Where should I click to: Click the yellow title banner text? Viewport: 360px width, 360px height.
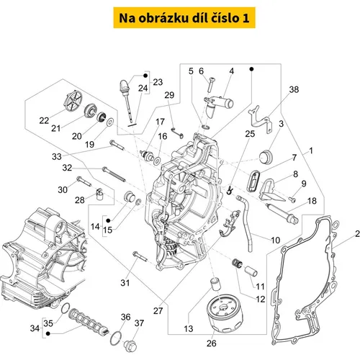pyautogui.click(x=184, y=18)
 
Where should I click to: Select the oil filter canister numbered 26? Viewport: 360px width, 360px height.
pyautogui.click(x=225, y=313)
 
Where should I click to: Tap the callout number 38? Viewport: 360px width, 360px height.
pyautogui.click(x=294, y=89)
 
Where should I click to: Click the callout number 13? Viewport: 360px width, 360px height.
pyautogui.click(x=189, y=328)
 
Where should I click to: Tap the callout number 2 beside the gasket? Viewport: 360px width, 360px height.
pyautogui.click(x=357, y=233)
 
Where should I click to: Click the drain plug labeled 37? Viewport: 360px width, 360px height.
pyautogui.click(x=130, y=346)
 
